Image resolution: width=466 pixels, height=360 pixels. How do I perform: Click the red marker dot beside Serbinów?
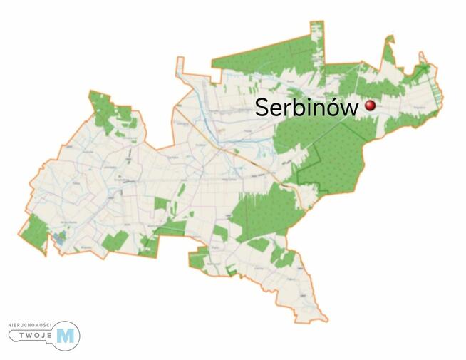point(370,106)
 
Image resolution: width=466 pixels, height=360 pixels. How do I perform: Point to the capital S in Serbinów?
point(263,108)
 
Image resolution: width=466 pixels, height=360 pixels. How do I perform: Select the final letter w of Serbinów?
point(351,109)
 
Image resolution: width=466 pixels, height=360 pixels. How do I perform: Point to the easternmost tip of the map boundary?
point(444,91)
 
